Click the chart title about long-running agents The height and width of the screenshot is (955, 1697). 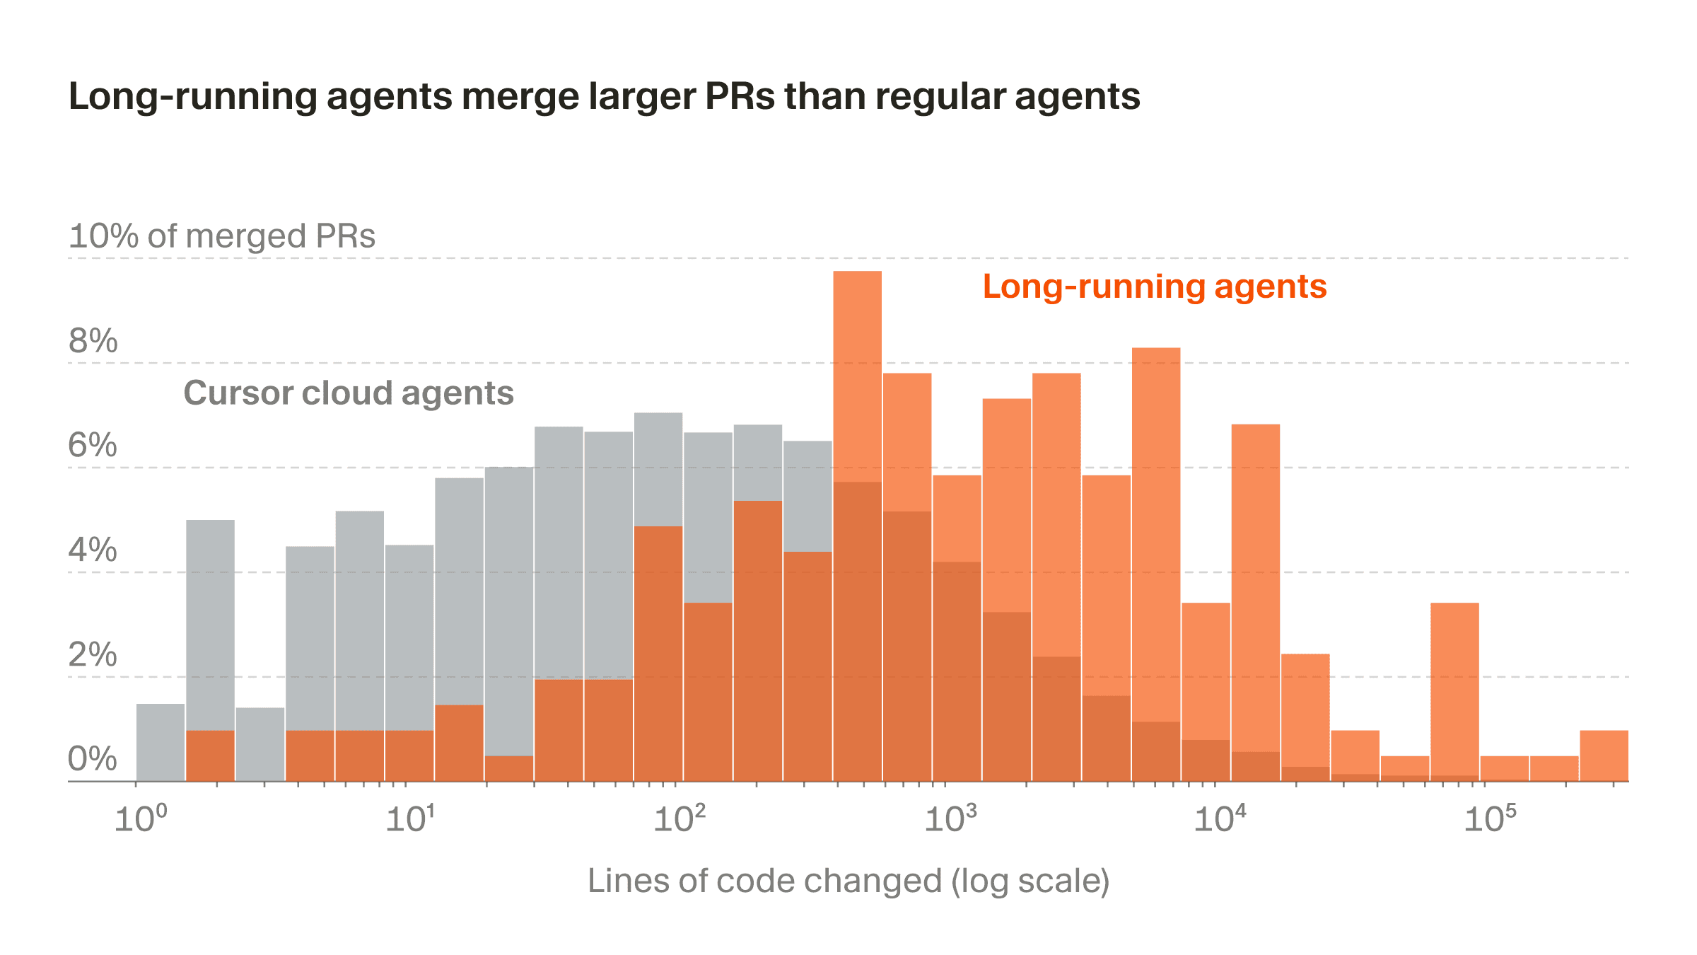(604, 96)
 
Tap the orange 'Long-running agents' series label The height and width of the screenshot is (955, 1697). (1154, 286)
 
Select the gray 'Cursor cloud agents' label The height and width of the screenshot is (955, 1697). (348, 393)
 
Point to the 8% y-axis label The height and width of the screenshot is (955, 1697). (93, 341)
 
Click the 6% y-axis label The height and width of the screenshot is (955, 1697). (93, 445)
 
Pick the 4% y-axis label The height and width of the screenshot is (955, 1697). (93, 550)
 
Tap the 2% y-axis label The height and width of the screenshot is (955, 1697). (93, 654)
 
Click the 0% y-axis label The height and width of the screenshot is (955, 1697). (93, 759)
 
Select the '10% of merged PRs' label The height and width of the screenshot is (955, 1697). (222, 236)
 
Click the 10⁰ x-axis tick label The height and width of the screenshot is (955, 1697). (141, 819)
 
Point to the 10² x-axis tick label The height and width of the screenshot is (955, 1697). (680, 819)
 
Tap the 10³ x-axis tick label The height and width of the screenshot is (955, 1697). (950, 819)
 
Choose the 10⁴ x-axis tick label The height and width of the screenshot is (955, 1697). (1220, 819)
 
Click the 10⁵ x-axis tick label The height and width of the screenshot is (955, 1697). (1490, 819)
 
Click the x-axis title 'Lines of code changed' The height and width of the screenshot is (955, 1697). (848, 881)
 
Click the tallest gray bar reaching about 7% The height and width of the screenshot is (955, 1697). (658, 467)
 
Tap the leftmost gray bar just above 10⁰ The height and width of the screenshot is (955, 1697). (161, 743)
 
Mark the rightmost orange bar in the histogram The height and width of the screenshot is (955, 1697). (1604, 756)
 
